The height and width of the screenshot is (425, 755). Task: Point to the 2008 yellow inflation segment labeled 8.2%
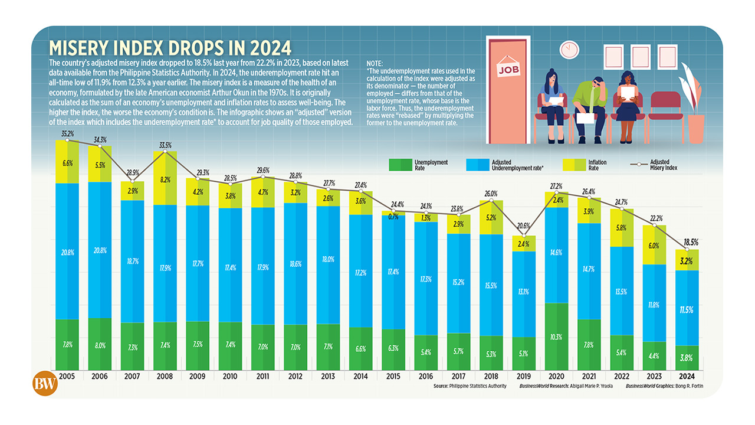[165, 179]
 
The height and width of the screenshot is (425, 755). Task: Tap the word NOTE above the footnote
[375, 63]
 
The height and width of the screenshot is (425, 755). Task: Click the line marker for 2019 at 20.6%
[523, 236]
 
